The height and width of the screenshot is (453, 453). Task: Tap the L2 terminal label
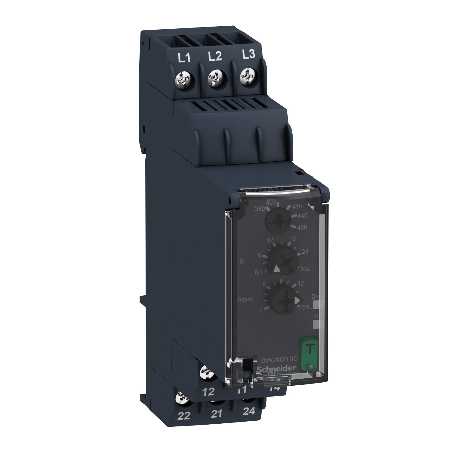pyautogui.click(x=215, y=56)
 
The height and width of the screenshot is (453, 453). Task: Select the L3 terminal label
pyautogui.click(x=249, y=54)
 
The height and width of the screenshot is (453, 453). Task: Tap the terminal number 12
pyautogui.click(x=208, y=391)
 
